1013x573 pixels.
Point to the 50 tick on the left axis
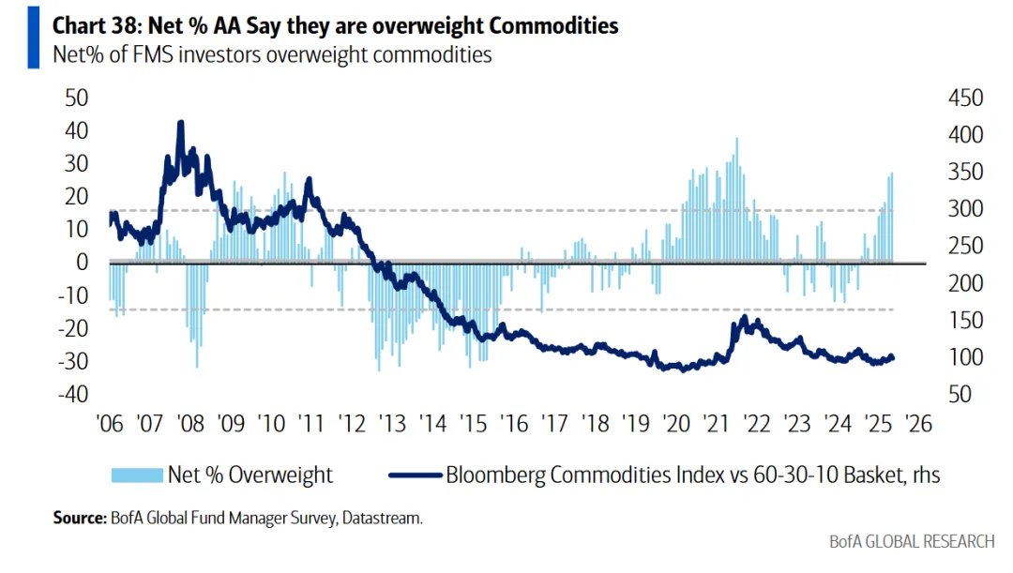click(75, 98)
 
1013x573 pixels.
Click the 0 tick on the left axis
click(82, 263)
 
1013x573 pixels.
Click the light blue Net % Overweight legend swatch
click(136, 475)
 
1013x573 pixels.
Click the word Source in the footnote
click(79, 517)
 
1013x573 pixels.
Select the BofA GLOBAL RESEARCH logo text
click(911, 542)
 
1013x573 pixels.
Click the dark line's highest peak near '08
click(181, 122)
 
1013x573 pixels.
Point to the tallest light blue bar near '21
click(736, 140)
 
